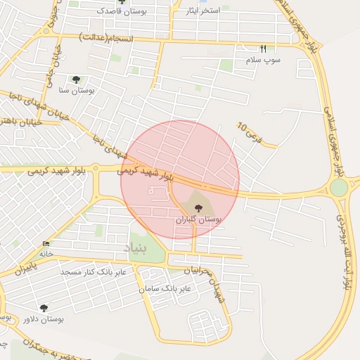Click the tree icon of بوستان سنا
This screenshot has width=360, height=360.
point(76,79)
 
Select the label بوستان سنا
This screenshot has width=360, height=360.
point(77,91)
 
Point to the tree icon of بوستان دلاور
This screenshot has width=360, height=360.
point(44,308)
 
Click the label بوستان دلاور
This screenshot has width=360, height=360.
point(41,319)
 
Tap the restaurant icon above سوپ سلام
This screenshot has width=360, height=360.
point(264,49)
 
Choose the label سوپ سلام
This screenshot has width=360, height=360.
point(262,60)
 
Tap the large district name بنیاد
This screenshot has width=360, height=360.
point(138,248)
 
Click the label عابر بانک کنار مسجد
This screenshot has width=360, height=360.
point(93,271)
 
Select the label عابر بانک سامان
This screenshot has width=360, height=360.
point(165,289)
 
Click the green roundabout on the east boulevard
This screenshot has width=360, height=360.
point(339,188)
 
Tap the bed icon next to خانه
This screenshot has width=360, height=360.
point(46,243)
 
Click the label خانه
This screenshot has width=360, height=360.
point(46,252)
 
